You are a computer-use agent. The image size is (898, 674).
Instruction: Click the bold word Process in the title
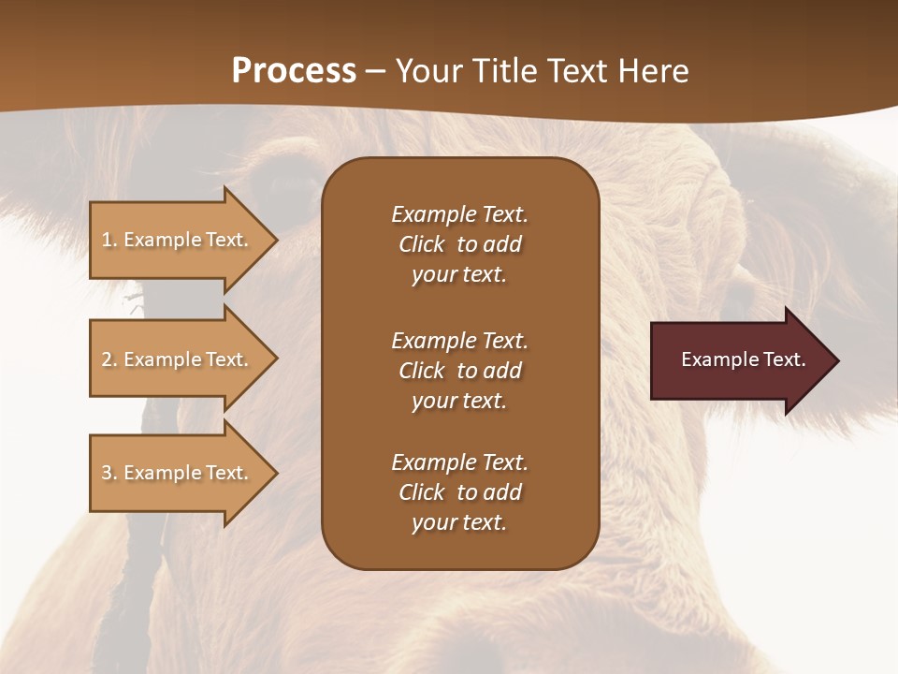[x=294, y=70]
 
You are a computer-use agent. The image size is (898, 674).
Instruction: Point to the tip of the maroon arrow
[x=836, y=360]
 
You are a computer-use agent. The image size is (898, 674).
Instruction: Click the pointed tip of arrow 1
[x=275, y=240]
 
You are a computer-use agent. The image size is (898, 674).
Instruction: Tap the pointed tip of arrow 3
[x=275, y=473]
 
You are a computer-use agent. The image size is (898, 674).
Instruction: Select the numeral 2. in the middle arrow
[x=109, y=359]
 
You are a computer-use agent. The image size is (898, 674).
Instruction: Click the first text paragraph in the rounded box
[x=459, y=244]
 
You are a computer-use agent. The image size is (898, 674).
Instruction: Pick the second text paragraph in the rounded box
[x=459, y=371]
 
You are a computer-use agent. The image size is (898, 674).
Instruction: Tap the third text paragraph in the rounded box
[x=459, y=492]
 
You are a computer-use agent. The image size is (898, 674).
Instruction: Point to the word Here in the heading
[x=654, y=70]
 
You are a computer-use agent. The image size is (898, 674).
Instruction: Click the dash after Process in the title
[x=375, y=71]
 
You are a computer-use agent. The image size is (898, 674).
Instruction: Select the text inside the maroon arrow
[x=743, y=359]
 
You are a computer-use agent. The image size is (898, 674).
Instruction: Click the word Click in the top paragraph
[x=421, y=244]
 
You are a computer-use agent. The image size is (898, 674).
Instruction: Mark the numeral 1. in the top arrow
[x=109, y=240]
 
